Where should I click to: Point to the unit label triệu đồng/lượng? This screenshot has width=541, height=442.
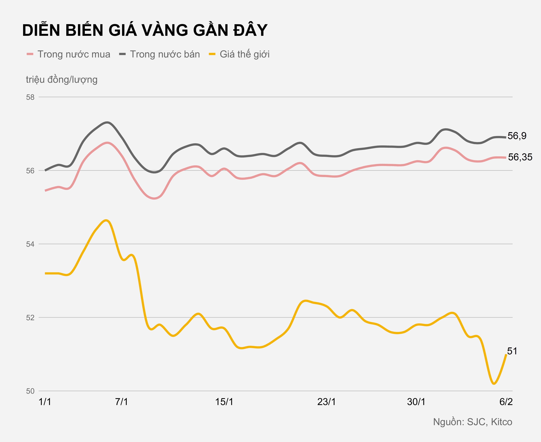[x=62, y=80]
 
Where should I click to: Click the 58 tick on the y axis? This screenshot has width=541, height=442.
[x=30, y=97]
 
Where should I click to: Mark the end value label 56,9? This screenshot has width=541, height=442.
[x=517, y=136]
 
